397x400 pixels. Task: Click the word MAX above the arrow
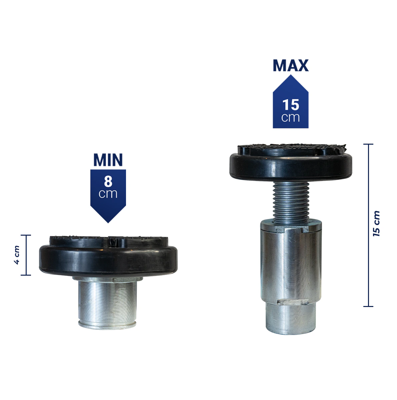(x=291, y=66)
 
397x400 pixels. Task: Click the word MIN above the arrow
(x=108, y=160)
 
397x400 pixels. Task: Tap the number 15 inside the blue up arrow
(x=291, y=105)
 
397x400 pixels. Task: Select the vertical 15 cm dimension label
(x=376, y=224)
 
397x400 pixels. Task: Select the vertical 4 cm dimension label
(x=17, y=255)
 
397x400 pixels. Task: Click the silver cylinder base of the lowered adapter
(x=107, y=303)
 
